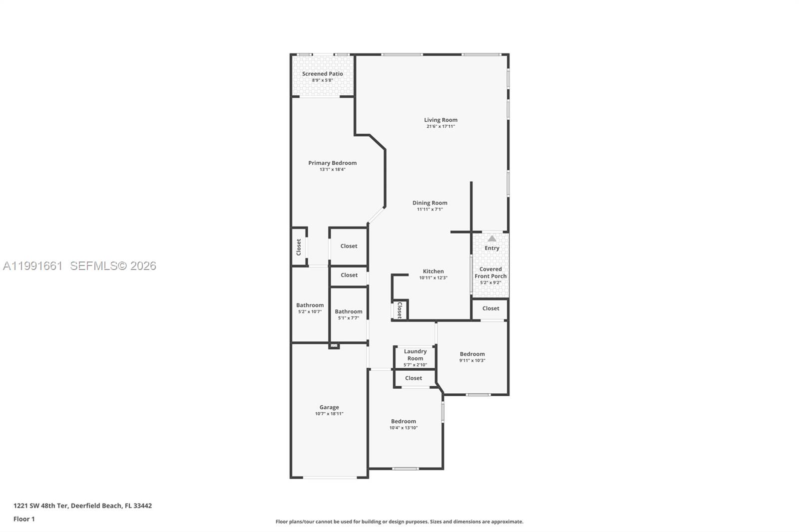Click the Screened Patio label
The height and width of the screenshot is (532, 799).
tap(322, 74)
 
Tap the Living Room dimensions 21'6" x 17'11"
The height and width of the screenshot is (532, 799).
tap(440, 127)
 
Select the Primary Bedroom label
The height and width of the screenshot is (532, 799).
tap(332, 163)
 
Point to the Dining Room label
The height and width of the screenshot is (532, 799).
tap(429, 203)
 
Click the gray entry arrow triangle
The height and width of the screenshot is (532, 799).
tap(492, 239)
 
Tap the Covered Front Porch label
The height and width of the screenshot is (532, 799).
tap(490, 272)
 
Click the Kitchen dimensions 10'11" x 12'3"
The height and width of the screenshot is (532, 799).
tap(433, 278)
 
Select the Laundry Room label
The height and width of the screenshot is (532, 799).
tap(415, 355)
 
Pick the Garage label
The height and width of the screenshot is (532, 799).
tap(329, 407)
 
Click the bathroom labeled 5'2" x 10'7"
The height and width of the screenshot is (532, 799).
tap(310, 308)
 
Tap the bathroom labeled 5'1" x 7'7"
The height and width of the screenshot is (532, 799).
tap(349, 314)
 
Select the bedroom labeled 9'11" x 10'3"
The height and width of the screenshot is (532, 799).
tap(472, 357)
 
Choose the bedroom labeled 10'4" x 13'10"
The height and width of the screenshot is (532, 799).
tap(403, 424)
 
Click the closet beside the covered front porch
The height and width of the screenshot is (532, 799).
tap(490, 308)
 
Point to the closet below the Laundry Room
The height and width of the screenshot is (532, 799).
tap(413, 378)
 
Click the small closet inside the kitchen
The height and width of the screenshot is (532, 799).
tap(399, 310)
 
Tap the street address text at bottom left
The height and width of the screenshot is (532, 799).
tap(83, 506)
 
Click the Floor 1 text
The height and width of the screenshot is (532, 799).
tap(24, 519)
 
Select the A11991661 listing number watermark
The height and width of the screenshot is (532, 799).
tap(33, 266)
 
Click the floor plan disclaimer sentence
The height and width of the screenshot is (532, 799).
tap(399, 522)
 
